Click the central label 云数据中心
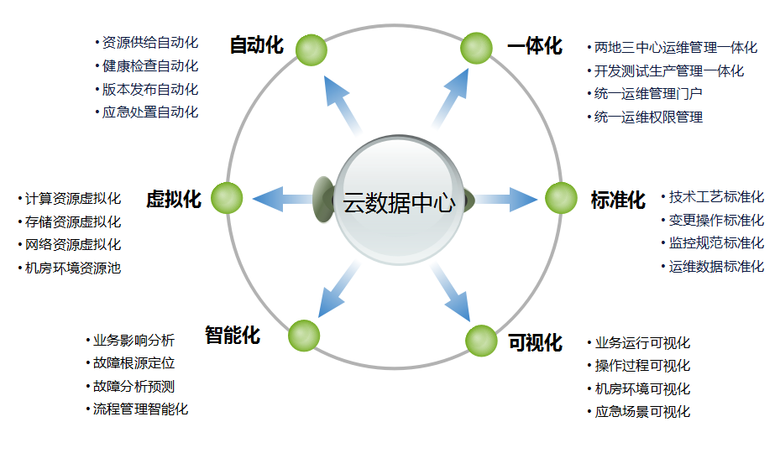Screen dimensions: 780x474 (x=399, y=203)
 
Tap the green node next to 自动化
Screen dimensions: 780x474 (x=311, y=49)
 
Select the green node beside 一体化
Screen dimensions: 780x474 (x=476, y=48)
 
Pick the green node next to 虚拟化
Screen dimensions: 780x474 (x=227, y=198)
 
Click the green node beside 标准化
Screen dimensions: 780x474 (x=561, y=198)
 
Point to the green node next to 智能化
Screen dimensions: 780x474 (x=304, y=336)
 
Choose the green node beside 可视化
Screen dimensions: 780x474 (x=481, y=341)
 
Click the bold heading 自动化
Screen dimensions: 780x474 (x=257, y=45)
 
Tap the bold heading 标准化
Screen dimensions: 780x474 (x=618, y=200)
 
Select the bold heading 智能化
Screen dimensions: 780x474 (x=233, y=336)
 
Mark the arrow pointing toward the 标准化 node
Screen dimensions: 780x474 (x=506, y=199)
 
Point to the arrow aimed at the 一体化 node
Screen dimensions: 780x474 (x=451, y=99)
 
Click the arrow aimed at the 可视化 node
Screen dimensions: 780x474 (x=451, y=293)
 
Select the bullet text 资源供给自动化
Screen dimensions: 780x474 (x=150, y=43)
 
